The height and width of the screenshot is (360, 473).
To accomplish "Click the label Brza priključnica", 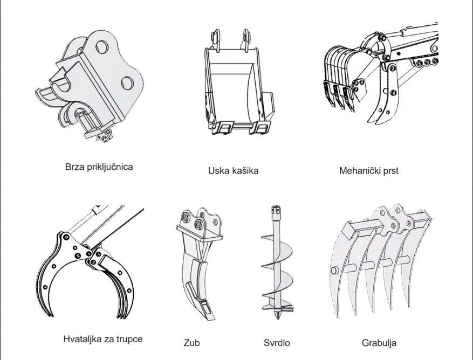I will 99,167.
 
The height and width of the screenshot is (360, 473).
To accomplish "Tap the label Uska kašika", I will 233,171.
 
